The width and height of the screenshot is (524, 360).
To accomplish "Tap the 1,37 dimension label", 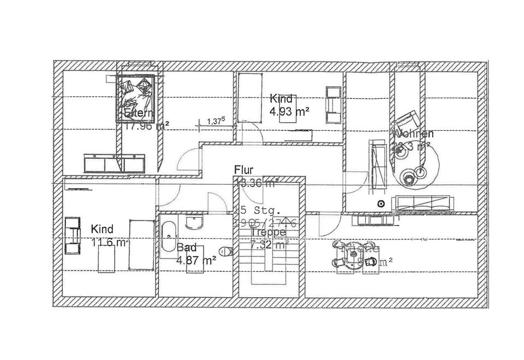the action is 217,122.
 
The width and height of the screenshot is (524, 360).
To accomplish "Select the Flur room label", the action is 243,170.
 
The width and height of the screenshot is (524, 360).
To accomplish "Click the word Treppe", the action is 267,232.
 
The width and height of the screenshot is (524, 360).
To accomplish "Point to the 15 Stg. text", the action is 258,210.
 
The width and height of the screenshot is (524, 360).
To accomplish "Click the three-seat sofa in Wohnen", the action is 424,203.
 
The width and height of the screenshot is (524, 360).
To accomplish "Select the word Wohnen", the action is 413,134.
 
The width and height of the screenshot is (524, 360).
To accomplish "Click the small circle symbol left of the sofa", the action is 381,204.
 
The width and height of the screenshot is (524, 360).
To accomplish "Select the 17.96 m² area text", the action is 146,126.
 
